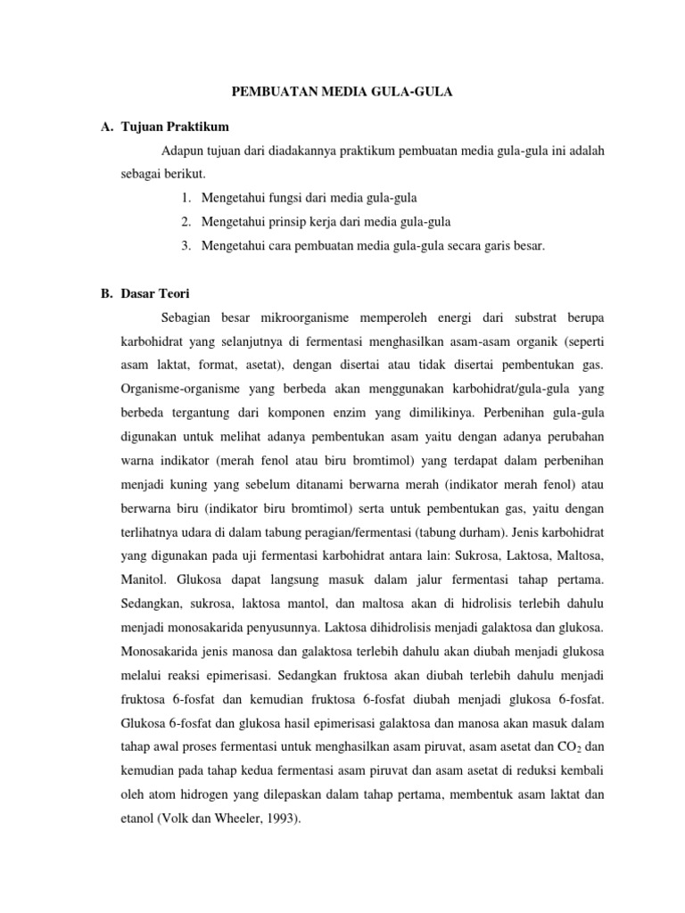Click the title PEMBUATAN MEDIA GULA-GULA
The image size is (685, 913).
coord(342,91)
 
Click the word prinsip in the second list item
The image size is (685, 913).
coord(278,221)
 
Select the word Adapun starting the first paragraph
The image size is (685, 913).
coord(183,152)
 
